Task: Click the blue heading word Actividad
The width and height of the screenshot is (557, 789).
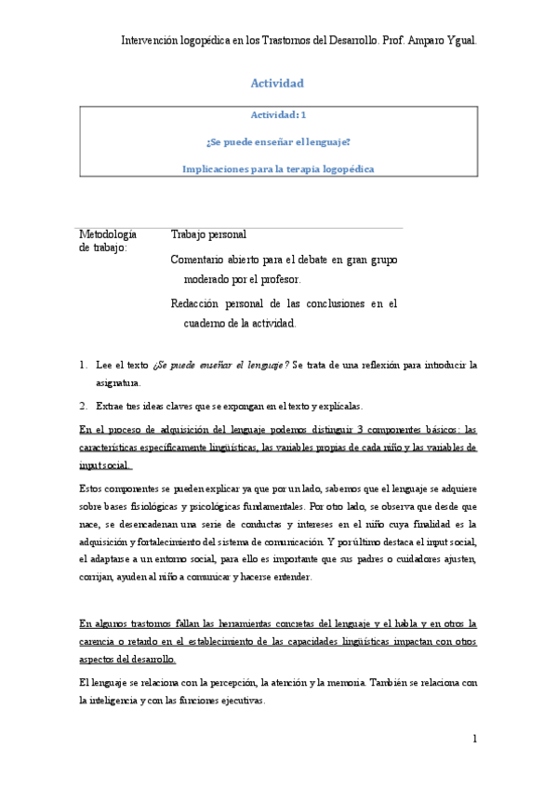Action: [277, 84]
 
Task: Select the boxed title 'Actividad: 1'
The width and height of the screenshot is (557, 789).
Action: [278, 115]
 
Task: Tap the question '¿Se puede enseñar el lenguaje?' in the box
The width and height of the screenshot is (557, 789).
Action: [278, 142]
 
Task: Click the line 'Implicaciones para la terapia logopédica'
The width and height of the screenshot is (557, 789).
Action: [278, 169]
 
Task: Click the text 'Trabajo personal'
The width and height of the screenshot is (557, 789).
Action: [209, 234]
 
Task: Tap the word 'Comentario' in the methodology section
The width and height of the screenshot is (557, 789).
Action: [201, 261]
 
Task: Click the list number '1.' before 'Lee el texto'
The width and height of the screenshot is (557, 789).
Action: [84, 366]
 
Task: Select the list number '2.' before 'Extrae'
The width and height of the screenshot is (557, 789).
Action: [84, 406]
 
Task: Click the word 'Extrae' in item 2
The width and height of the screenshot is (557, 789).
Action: [112, 406]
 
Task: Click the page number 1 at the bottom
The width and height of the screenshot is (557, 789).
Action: [474, 740]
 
